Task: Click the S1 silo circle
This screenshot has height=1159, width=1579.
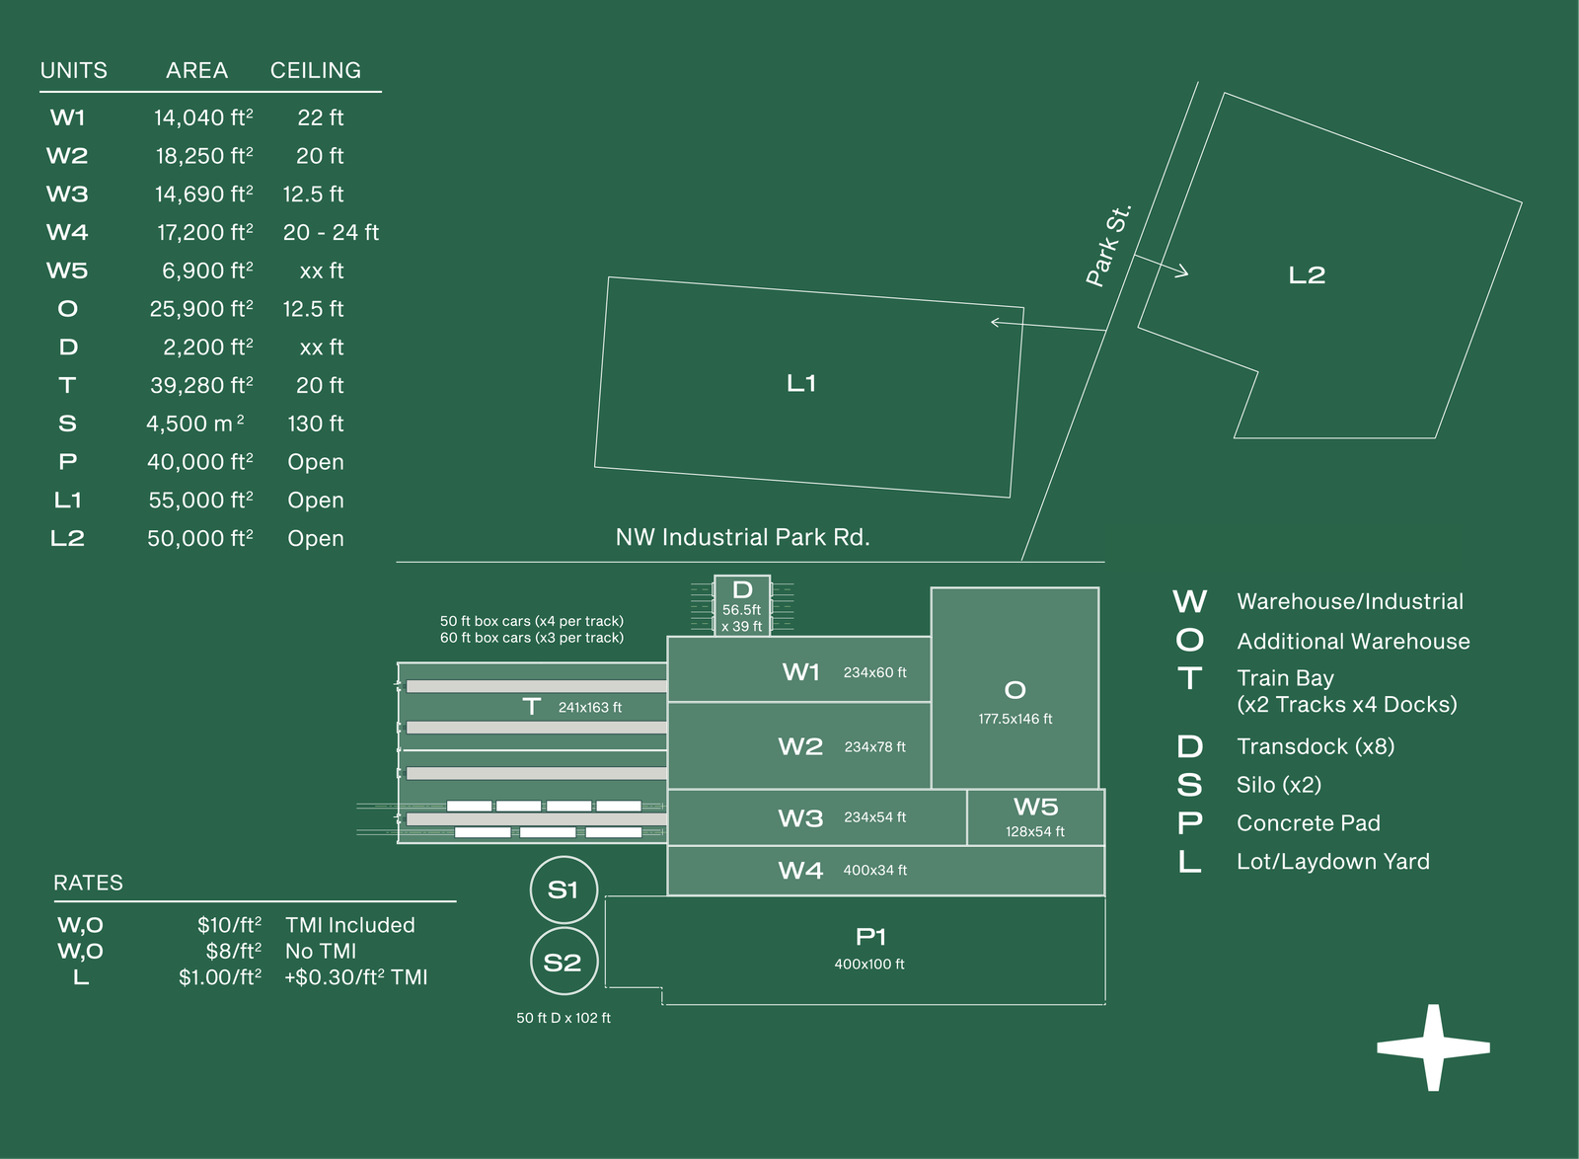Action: (x=531, y=889)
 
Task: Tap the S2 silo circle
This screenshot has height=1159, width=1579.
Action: (x=531, y=962)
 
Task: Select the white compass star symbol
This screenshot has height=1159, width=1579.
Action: (x=1433, y=1048)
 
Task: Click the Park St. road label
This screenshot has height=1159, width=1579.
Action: (x=1108, y=246)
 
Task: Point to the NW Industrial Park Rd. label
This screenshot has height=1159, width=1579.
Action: (x=743, y=537)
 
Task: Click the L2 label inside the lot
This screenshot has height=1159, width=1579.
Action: (x=1307, y=275)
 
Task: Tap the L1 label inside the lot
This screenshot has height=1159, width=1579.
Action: (x=801, y=383)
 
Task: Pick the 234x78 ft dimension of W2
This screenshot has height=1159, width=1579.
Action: (x=874, y=746)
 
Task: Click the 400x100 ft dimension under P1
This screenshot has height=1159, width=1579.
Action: (x=869, y=964)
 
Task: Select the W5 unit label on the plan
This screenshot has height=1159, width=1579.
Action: (x=1035, y=807)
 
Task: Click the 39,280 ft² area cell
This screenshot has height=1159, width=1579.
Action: (x=201, y=385)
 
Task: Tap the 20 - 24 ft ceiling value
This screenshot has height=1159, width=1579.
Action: (x=331, y=232)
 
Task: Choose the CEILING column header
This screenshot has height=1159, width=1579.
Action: (x=316, y=70)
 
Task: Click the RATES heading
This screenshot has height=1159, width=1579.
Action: (x=88, y=883)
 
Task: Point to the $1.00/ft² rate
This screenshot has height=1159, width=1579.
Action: (x=220, y=977)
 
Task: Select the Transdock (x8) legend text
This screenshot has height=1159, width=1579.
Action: (x=1316, y=746)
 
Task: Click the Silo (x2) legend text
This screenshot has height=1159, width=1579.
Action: (x=1279, y=785)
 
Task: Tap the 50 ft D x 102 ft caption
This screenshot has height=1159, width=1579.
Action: (x=564, y=1018)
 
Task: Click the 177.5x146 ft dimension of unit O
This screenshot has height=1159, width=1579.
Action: (x=1015, y=719)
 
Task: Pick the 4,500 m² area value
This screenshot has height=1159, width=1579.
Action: (x=195, y=423)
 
